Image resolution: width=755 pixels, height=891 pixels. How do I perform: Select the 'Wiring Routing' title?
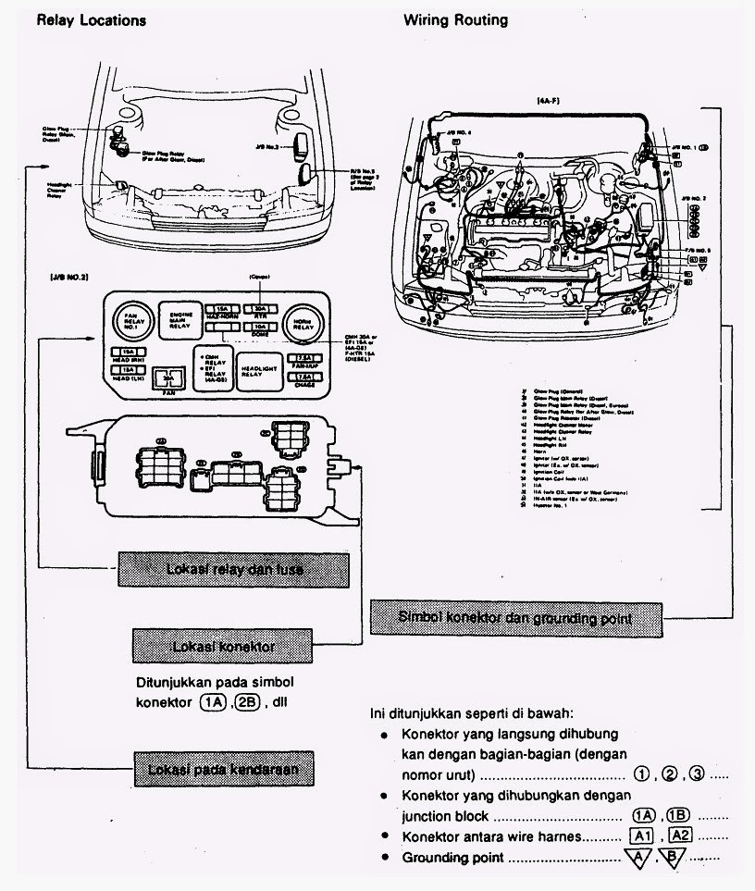coord(455,19)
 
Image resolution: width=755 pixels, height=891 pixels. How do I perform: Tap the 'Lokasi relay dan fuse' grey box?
coord(233,569)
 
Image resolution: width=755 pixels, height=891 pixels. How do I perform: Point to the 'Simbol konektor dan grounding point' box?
coord(516,617)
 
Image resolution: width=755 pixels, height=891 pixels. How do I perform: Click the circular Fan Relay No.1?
coord(130,322)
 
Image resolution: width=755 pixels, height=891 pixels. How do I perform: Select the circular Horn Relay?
coord(302,322)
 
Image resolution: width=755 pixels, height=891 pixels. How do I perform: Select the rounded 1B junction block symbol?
coord(679,815)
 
